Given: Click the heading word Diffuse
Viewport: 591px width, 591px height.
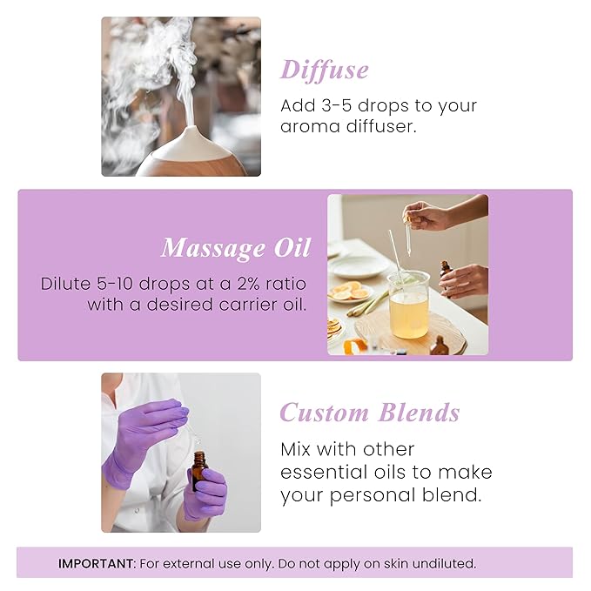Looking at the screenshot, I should [324, 70].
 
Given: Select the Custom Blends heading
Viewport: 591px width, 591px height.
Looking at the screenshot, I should [369, 412].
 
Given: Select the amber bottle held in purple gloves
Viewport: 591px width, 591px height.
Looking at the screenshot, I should [199, 471].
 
